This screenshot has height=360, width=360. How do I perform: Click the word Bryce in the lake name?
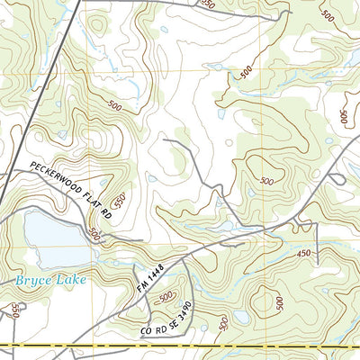pos(33,282)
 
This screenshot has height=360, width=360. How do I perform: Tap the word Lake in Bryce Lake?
pos(72,280)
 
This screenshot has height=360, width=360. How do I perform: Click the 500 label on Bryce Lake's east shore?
pos(95,236)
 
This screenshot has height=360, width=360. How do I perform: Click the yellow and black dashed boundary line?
pos(180,346)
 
